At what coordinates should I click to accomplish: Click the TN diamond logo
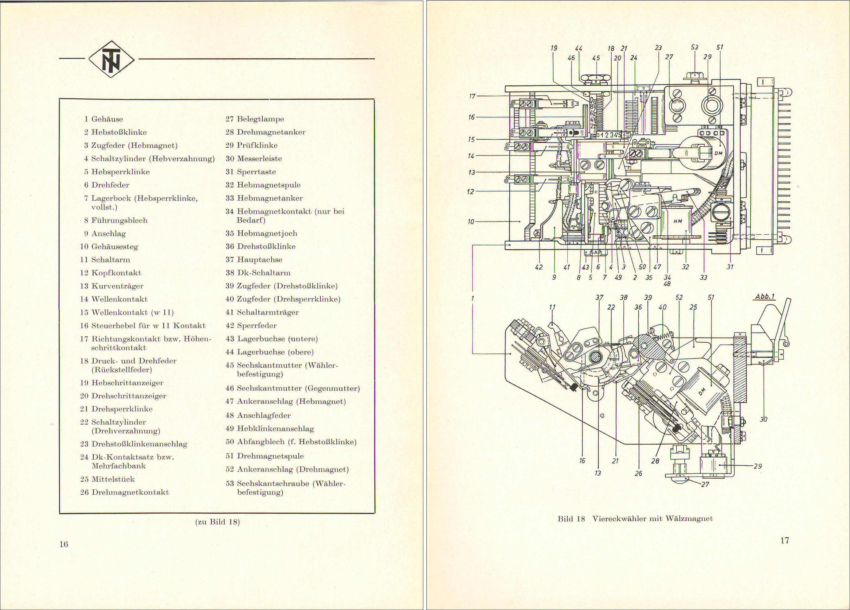(x=111, y=59)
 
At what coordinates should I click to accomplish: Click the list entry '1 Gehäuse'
(x=104, y=119)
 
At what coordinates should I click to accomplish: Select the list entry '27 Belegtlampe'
(x=255, y=119)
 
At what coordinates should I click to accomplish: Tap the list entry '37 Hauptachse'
(x=254, y=260)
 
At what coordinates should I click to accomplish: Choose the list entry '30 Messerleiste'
(x=254, y=159)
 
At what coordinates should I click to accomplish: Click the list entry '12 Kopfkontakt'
(x=111, y=272)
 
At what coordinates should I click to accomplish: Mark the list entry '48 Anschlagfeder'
(x=258, y=415)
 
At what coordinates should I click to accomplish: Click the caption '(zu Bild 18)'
(x=217, y=522)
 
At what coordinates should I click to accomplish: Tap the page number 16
(x=64, y=544)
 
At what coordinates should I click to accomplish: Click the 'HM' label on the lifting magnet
(x=678, y=221)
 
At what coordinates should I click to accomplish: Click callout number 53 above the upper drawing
(x=695, y=48)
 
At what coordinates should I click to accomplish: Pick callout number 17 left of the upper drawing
(x=472, y=96)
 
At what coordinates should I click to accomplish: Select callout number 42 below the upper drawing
(x=539, y=267)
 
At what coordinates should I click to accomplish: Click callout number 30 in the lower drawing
(x=763, y=419)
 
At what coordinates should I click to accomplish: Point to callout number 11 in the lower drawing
(x=552, y=307)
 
